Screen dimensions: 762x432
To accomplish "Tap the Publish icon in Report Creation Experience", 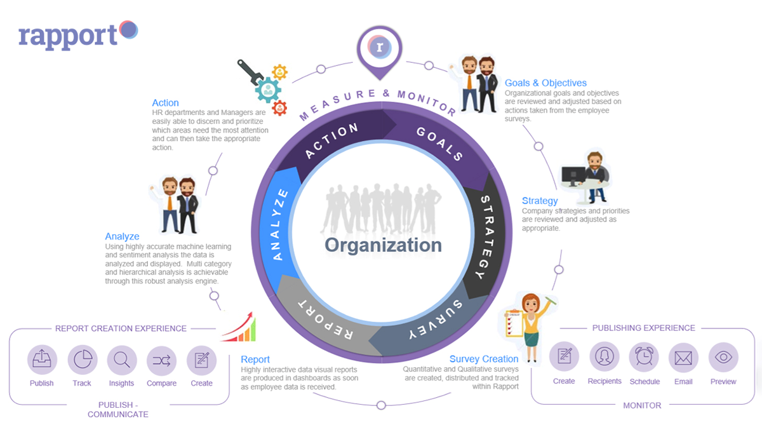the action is (x=42, y=360).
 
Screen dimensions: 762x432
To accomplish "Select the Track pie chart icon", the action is (x=83, y=360).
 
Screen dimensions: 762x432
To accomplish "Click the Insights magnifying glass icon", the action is (x=122, y=360).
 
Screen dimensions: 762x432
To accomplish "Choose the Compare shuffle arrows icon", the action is (x=161, y=360).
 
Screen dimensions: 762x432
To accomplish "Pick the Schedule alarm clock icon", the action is (x=644, y=357).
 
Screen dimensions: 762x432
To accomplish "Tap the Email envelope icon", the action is (x=683, y=358).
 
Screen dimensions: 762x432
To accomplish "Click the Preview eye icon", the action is (x=723, y=357).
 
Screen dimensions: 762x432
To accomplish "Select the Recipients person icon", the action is (x=604, y=356).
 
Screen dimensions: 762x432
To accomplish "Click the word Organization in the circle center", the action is (x=383, y=245).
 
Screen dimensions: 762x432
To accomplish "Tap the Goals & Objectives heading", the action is (x=545, y=83).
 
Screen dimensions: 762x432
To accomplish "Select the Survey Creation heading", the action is (x=484, y=359).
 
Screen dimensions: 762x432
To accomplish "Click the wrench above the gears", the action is (x=250, y=72).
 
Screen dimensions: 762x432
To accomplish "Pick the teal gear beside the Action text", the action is (x=268, y=90).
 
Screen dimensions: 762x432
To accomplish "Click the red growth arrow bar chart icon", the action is (x=239, y=327).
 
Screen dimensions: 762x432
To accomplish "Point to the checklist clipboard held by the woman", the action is (x=514, y=323).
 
